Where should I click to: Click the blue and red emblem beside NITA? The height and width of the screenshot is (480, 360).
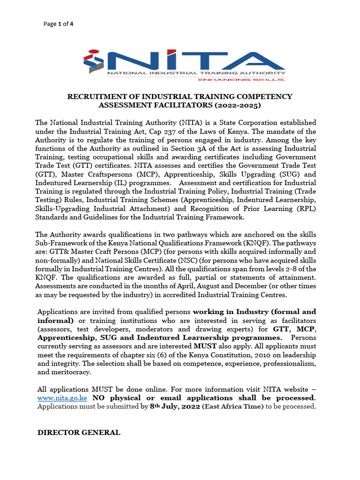point(95,61)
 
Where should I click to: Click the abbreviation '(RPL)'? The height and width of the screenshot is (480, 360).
point(306,208)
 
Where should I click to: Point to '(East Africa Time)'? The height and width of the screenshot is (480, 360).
point(233,406)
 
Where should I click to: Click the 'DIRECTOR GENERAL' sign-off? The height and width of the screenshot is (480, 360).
point(79,433)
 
